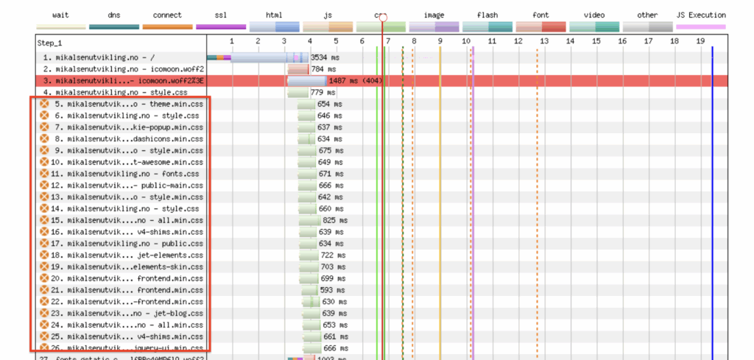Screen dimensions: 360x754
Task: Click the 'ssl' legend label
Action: pyautogui.click(x=220, y=15)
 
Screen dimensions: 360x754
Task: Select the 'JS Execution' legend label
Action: pyautogui.click(x=700, y=15)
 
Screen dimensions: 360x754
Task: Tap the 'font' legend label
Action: pyautogui.click(x=540, y=15)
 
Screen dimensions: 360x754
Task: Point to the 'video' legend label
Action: pyautogui.click(x=593, y=15)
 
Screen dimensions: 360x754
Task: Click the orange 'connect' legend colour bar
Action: pyautogui.click(x=167, y=27)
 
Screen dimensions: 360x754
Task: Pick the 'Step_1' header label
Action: pyautogui.click(x=50, y=43)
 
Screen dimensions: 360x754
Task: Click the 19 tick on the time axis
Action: pyautogui.click(x=700, y=41)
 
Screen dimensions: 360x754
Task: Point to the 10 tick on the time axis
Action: pyautogui.click(x=466, y=41)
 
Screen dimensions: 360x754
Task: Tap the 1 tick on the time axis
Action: pyautogui.click(x=231, y=41)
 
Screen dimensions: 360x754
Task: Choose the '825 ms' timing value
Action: pyautogui.click(x=335, y=220)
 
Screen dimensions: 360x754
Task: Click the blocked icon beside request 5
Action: pyautogui.click(x=43, y=104)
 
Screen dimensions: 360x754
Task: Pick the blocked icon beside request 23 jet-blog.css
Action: pyautogui.click(x=43, y=313)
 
